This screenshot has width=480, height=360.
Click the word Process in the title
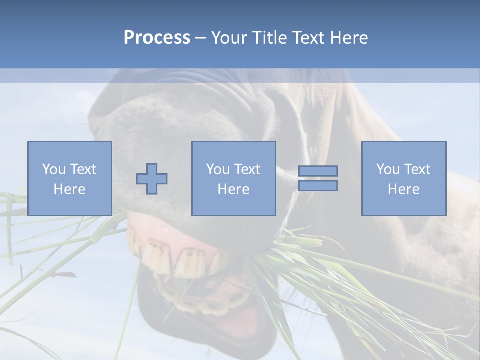(157, 38)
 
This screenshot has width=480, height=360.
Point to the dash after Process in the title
(201, 38)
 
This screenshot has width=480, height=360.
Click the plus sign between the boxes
(152, 179)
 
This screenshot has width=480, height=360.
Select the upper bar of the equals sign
(318, 171)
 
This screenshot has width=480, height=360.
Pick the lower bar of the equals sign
(318, 186)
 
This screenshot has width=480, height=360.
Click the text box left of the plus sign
(69, 178)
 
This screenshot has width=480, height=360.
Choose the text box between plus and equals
(233, 178)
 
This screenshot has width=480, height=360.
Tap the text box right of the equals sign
(403, 178)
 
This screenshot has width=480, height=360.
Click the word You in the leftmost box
(53, 169)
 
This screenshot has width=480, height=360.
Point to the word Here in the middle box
(233, 189)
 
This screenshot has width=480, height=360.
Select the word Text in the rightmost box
(416, 169)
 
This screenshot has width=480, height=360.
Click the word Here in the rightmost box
(403, 189)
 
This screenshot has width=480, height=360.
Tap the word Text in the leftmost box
(82, 169)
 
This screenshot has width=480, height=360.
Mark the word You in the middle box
(217, 169)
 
